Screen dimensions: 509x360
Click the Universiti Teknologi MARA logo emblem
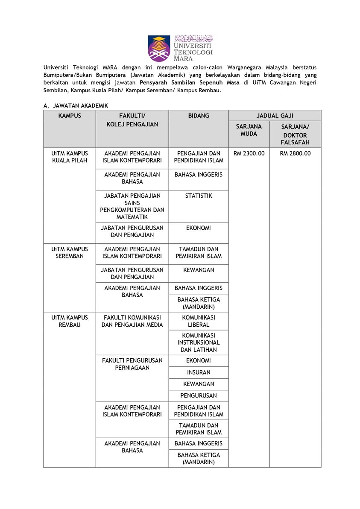tap(159, 48)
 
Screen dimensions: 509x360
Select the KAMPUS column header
tap(70, 116)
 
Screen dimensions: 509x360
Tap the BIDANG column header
tap(199, 116)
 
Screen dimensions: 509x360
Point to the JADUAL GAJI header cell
tap(275, 116)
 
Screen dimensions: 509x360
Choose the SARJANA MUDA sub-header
tap(249, 130)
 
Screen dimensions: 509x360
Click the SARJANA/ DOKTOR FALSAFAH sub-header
tap(295, 135)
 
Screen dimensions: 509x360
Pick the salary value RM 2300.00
tap(249, 154)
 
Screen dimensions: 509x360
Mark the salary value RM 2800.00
tap(295, 154)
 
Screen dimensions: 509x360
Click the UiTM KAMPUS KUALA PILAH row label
tap(70, 157)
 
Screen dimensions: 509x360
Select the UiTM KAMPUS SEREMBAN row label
tap(70, 253)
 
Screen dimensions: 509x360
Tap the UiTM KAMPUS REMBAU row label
tap(70, 321)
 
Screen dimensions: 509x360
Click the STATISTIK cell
tap(199, 196)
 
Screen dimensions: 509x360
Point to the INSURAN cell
tap(199, 372)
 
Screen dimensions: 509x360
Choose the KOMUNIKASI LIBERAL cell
tap(199, 321)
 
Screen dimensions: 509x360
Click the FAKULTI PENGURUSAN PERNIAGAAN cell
tap(132, 364)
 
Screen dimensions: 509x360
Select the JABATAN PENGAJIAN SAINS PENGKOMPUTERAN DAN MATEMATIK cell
tap(132, 206)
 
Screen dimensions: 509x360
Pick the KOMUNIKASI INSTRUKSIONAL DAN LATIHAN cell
tap(199, 342)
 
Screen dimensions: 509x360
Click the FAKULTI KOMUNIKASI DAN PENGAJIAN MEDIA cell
tap(132, 321)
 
